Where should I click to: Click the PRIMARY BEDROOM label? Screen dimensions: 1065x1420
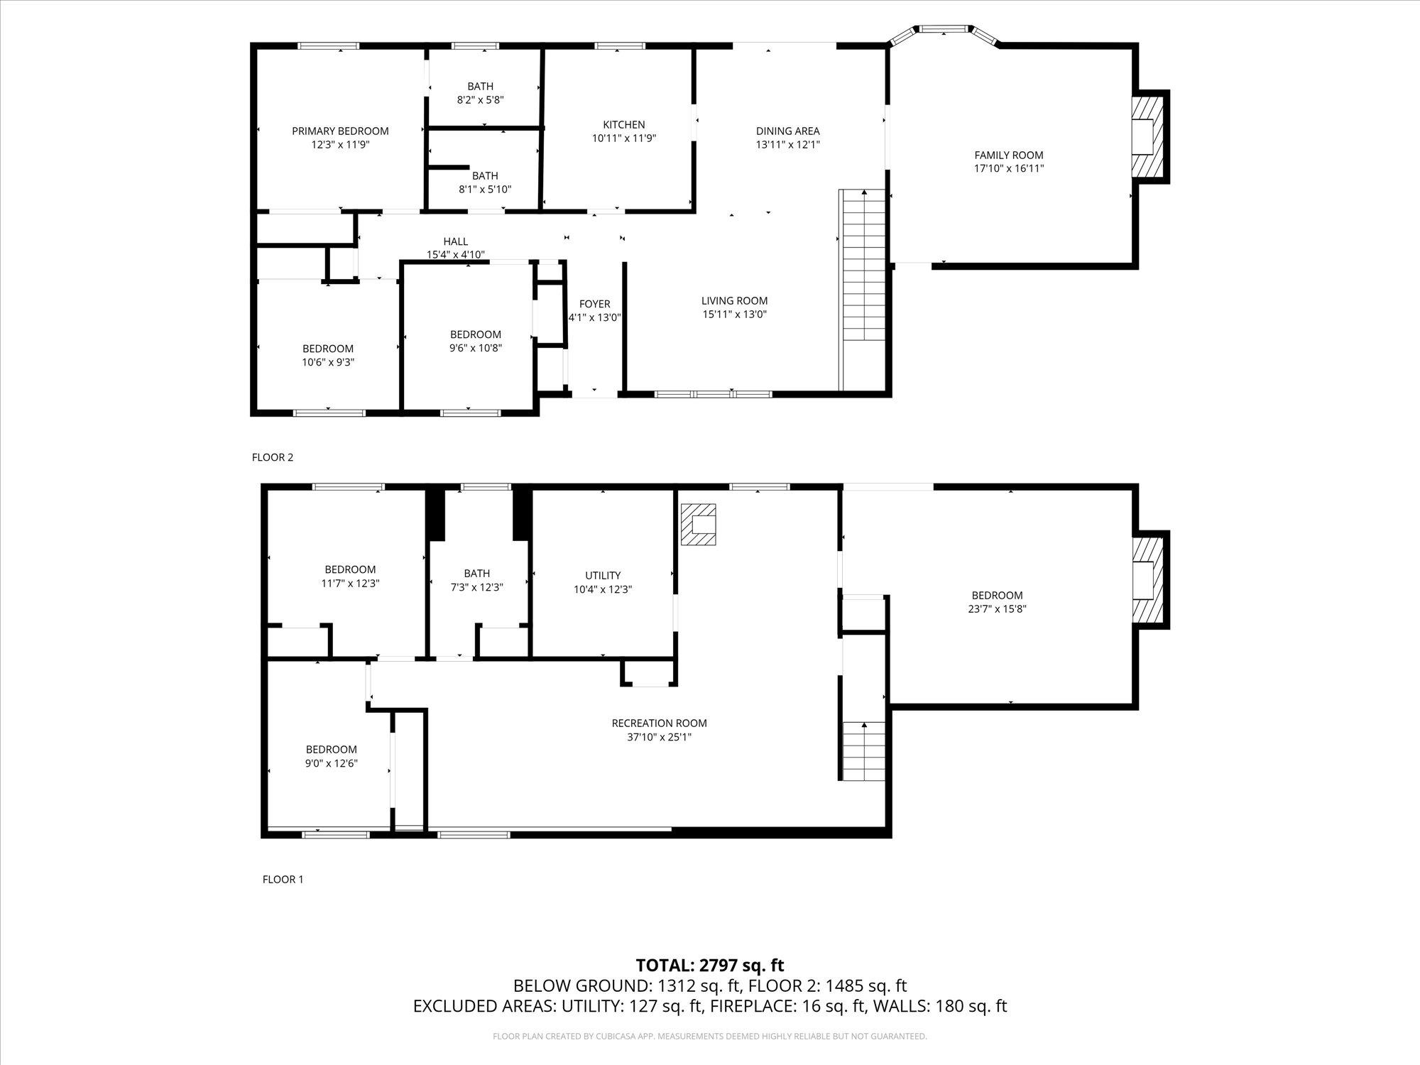pyautogui.click(x=340, y=131)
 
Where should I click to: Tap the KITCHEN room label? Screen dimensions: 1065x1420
pyautogui.click(x=623, y=124)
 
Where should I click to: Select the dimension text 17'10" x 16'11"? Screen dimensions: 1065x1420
pyautogui.click(x=1008, y=169)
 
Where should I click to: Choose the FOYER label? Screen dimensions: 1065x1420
pyautogui.click(x=594, y=304)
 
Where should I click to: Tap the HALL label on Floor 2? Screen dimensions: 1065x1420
pyautogui.click(x=455, y=241)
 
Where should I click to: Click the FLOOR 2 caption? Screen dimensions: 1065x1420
pyautogui.click(x=272, y=457)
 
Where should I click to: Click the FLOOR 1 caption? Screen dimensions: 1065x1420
pyautogui.click(x=283, y=879)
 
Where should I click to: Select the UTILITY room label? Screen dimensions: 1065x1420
pyautogui.click(x=603, y=575)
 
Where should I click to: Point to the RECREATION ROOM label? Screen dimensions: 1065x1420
pyautogui.click(x=659, y=723)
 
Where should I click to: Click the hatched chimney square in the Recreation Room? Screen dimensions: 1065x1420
pyautogui.click(x=699, y=524)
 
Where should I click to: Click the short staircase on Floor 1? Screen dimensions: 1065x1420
pyautogui.click(x=863, y=751)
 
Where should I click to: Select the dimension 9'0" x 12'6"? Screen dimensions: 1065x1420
pyautogui.click(x=331, y=763)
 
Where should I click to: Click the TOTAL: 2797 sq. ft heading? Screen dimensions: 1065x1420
pyautogui.click(x=709, y=965)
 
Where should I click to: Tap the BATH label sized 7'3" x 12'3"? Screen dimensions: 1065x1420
pyautogui.click(x=476, y=573)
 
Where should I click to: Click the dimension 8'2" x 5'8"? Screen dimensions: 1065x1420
pyautogui.click(x=480, y=100)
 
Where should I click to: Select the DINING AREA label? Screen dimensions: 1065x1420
pyautogui.click(x=787, y=131)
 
